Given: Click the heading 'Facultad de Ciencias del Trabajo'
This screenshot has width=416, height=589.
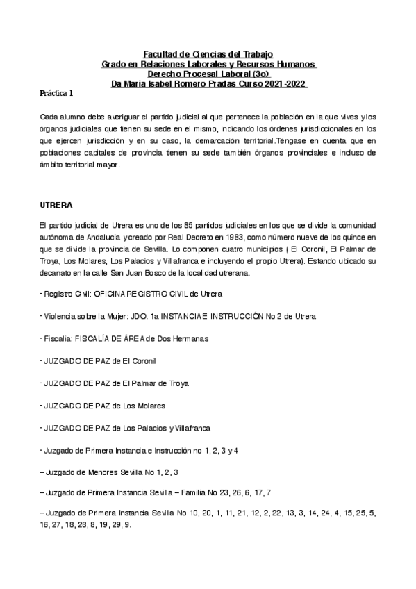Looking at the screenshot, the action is (x=208, y=53).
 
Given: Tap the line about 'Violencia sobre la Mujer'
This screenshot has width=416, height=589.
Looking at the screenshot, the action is (x=178, y=316).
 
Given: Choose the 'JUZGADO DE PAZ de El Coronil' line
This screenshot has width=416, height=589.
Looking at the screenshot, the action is (x=99, y=361).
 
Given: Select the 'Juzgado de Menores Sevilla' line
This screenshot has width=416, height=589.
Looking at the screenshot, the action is (x=110, y=472).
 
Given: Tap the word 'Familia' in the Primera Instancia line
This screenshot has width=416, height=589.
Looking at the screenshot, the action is (x=208, y=492).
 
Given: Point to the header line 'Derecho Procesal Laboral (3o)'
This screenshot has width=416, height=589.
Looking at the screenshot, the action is (x=208, y=74).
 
